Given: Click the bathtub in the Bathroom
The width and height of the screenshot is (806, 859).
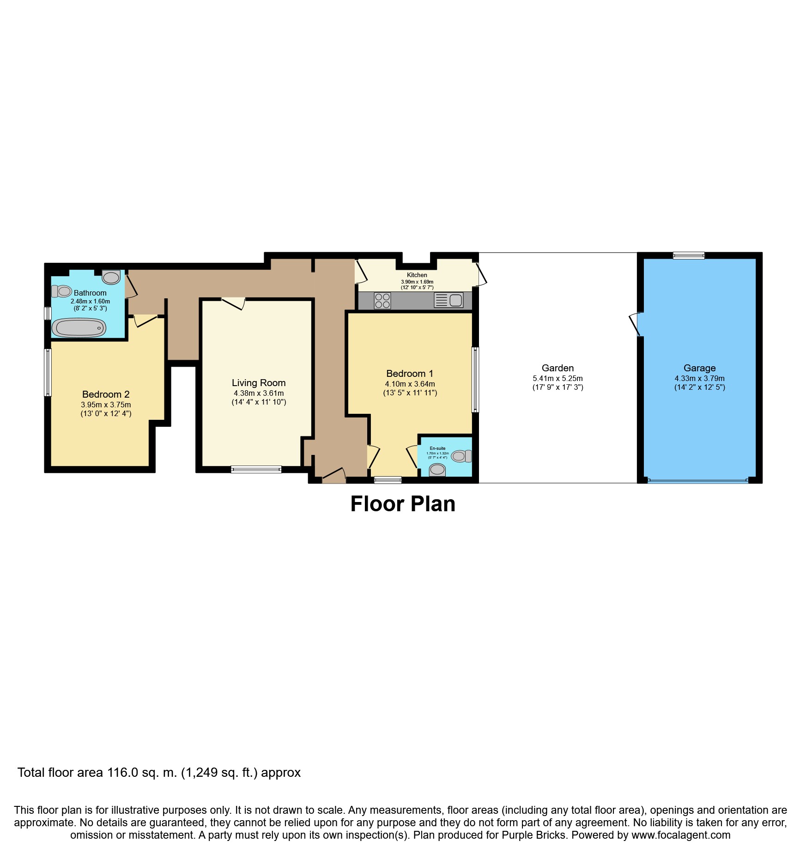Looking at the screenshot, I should click(79, 328).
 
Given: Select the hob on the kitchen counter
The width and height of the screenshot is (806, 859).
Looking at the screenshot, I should click(382, 301).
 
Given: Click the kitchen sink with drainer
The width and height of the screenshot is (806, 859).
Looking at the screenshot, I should click(448, 300).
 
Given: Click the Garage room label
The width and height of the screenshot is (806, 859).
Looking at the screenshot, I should click(699, 368).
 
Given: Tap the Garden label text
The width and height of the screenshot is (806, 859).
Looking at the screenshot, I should click(558, 368).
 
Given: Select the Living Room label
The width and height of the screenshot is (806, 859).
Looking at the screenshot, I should click(259, 383).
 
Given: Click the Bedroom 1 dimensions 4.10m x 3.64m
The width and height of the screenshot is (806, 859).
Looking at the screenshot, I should click(410, 384).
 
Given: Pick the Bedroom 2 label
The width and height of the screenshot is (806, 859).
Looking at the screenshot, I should click(106, 394).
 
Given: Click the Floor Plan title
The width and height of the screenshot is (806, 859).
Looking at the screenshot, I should click(403, 504).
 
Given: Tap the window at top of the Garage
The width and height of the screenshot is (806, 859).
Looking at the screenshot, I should click(688, 255).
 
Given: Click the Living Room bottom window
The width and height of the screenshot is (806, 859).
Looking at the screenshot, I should click(256, 469).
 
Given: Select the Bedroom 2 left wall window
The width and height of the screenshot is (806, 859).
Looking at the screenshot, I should click(48, 372).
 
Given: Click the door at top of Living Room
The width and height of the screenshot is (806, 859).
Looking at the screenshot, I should click(234, 303).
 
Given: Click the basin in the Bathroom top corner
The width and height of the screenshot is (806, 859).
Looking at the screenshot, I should click(111, 277).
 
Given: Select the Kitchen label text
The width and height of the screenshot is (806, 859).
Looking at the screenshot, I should click(417, 275).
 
